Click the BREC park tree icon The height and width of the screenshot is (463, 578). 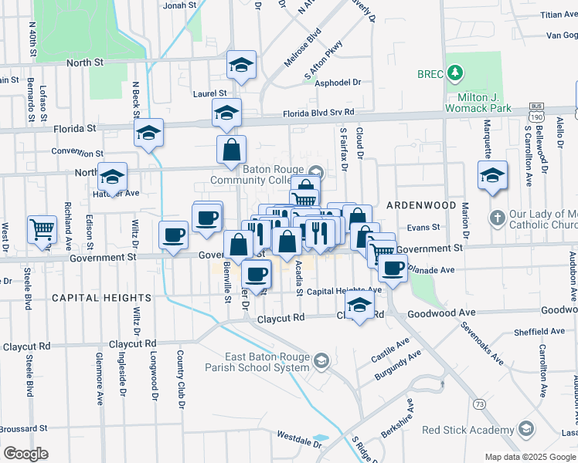(456, 73)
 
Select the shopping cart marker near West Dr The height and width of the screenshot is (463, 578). (42, 229)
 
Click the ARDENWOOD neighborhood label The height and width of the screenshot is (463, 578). (421, 205)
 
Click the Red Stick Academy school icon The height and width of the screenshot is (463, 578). (526, 429)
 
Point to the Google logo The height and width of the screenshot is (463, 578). (26, 453)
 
